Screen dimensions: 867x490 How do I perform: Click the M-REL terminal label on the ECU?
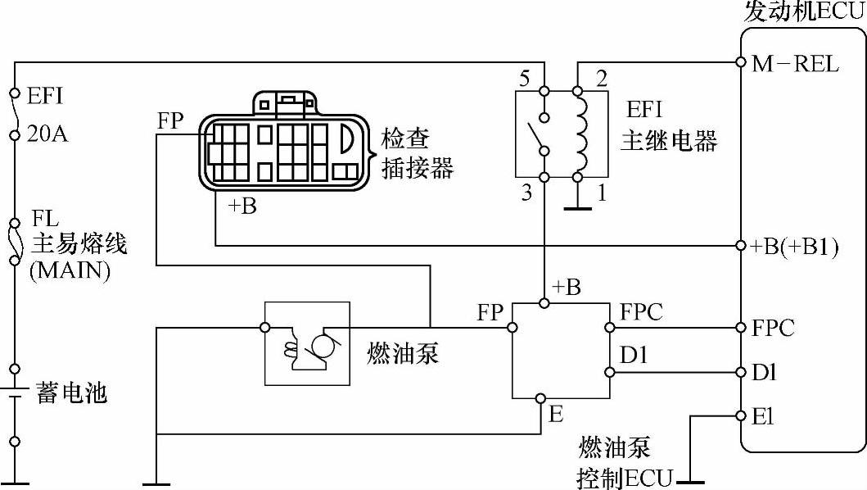tap(795, 64)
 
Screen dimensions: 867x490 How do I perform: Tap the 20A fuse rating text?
tap(47, 134)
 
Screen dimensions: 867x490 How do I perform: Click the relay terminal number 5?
tap(524, 79)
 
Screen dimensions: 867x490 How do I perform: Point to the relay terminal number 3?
tap(526, 193)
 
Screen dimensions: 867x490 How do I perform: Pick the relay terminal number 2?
tap(602, 79)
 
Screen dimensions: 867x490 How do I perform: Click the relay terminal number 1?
tap(602, 193)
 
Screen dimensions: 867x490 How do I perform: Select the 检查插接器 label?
tap(417, 153)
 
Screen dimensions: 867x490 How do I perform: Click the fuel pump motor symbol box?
tap(308, 343)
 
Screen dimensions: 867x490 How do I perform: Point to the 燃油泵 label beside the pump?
tap(403, 352)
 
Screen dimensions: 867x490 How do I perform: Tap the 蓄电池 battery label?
tap(71, 392)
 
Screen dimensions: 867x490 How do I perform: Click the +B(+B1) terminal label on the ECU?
tap(795, 247)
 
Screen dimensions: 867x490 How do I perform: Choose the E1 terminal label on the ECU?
tap(762, 416)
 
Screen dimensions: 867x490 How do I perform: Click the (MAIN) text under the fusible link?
tap(70, 270)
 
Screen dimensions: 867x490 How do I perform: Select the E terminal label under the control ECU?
tap(556, 414)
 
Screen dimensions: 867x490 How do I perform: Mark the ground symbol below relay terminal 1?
tap(578, 209)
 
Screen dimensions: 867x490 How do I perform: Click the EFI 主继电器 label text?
tap(669, 125)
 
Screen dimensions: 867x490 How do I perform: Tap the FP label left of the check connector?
tap(170, 120)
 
